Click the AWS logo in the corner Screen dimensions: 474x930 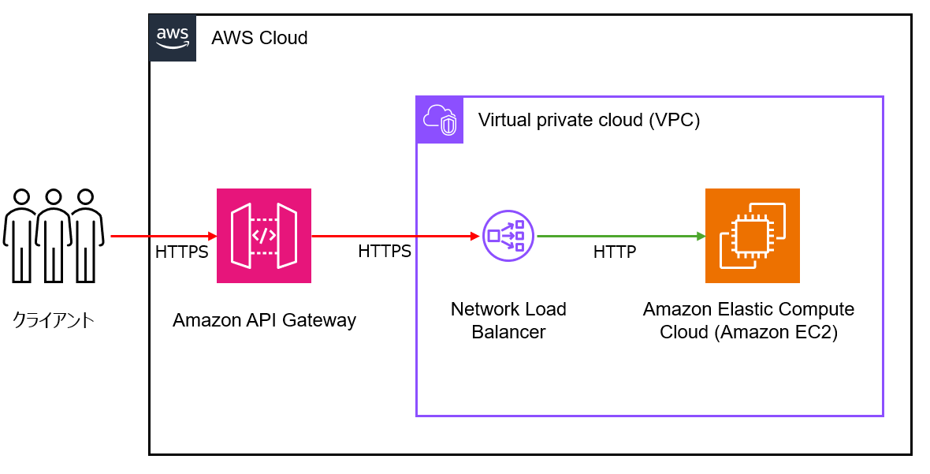click(x=173, y=37)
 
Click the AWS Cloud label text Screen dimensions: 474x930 click(x=259, y=38)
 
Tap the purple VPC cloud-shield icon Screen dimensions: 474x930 click(x=440, y=120)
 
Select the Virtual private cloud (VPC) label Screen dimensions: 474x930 click(x=589, y=121)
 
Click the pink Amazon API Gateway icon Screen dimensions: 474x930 click(x=264, y=236)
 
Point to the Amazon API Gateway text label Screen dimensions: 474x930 click(x=264, y=320)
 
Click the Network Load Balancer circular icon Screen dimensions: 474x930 click(x=508, y=236)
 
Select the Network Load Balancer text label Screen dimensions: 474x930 click(x=508, y=320)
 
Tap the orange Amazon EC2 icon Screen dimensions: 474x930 click(x=752, y=236)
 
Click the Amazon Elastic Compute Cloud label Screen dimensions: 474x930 click(x=748, y=320)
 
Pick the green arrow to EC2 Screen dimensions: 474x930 click(x=620, y=236)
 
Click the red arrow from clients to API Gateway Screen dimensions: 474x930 click(x=163, y=236)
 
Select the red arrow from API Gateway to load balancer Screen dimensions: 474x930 click(x=396, y=236)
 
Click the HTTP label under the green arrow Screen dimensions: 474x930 click(x=615, y=252)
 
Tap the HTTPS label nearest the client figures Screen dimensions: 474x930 click(x=182, y=252)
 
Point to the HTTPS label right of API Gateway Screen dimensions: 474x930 click(x=385, y=252)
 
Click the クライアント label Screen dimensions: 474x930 click(x=53, y=320)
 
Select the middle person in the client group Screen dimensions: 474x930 click(x=54, y=234)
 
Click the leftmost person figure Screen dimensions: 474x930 click(x=21, y=234)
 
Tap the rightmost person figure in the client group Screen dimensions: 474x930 click(x=86, y=234)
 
